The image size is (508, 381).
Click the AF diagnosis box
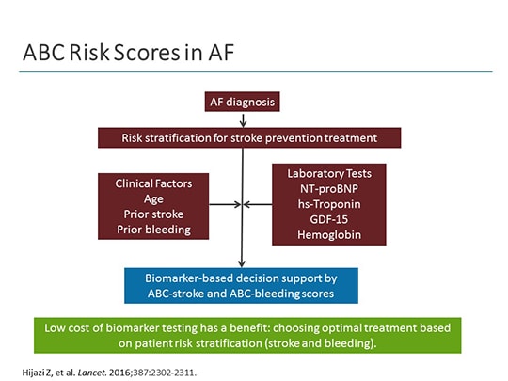pos(244,103)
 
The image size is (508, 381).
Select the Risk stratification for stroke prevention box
pos(249,138)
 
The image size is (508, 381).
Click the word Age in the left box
pos(153,198)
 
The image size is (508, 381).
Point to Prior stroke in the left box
pos(153,214)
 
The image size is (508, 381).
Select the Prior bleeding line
pos(153,230)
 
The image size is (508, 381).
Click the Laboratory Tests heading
pos(329,175)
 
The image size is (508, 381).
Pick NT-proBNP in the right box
pos(329,189)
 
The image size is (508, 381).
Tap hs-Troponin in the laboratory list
pos(329,204)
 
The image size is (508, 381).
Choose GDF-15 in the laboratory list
pos(329,219)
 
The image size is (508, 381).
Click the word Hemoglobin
pos(329,234)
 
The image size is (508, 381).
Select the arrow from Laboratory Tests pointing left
pos(258,204)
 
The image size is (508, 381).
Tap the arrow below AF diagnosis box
pos(244,120)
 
